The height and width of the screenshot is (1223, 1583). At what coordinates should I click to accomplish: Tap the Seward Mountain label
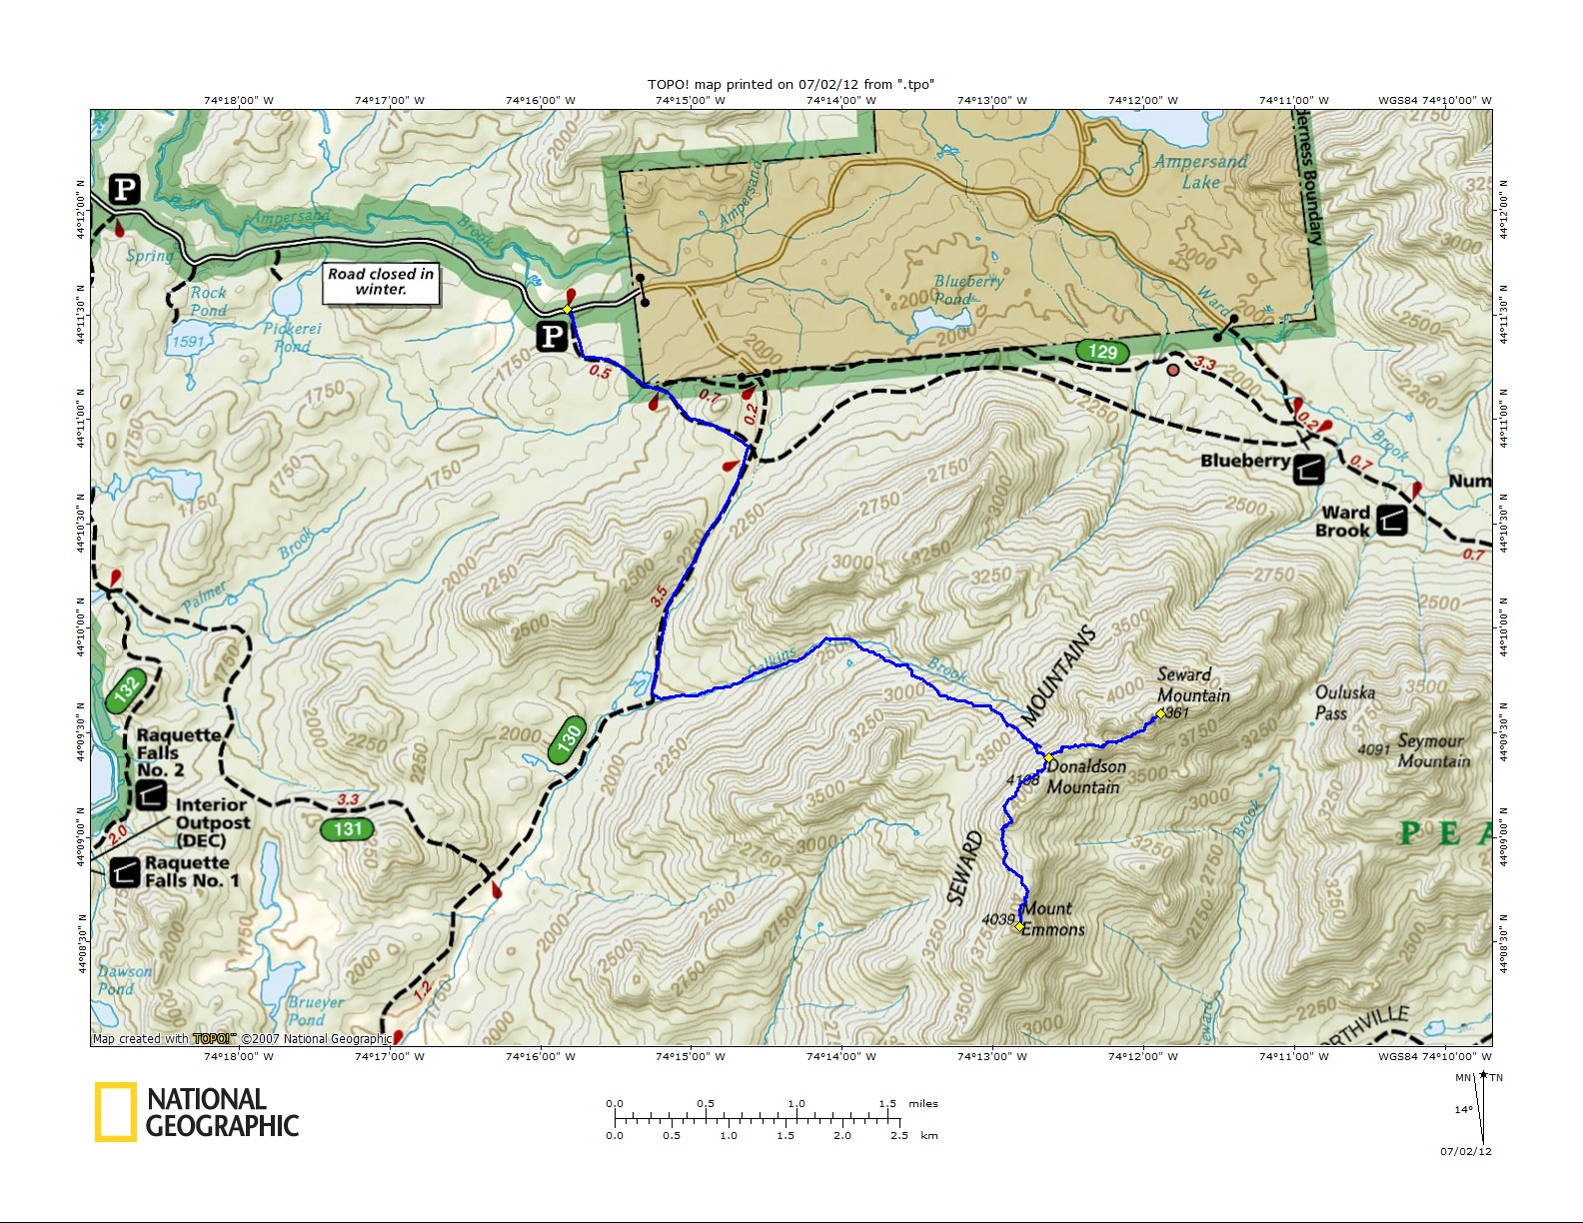[1193, 685]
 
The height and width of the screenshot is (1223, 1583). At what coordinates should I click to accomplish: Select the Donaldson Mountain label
[1085, 777]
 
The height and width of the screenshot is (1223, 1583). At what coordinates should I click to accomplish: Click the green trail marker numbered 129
[1102, 352]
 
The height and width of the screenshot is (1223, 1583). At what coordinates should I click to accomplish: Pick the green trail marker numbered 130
[567, 740]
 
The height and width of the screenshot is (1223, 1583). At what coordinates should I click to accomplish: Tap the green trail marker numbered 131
[347, 829]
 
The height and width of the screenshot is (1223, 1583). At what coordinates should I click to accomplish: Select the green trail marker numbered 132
[126, 689]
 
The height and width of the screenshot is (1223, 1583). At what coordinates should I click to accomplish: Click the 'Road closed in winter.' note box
[381, 282]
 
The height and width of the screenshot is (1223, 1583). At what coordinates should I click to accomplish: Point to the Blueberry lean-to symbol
[1309, 469]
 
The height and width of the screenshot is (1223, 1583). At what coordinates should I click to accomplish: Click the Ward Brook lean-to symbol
[1391, 520]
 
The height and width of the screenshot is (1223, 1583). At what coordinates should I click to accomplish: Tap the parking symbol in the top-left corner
[125, 190]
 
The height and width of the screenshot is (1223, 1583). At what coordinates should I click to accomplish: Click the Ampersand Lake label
[1200, 172]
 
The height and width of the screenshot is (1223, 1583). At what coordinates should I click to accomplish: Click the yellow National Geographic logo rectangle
[115, 1112]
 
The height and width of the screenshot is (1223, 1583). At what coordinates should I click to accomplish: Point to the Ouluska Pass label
[1344, 702]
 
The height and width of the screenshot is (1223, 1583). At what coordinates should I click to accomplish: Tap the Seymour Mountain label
[1433, 750]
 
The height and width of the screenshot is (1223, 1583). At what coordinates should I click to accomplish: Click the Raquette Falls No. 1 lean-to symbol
[124, 872]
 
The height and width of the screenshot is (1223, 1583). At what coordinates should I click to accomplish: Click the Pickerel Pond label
[293, 338]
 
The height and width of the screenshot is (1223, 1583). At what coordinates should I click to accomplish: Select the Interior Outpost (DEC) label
[212, 822]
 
